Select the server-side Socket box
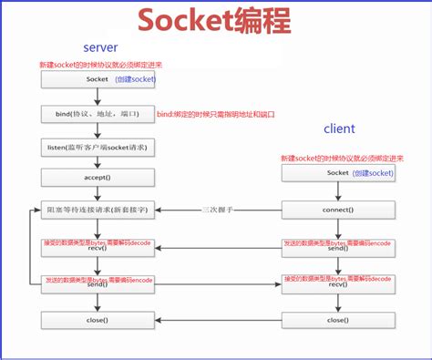tap(97, 81)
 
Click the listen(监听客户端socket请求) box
tap(97, 148)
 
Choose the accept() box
tap(97, 180)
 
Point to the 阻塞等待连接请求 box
tap(97, 210)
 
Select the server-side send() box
tap(97, 285)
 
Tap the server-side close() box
tap(97, 321)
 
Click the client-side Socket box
tap(337, 173)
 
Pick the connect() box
tap(337, 210)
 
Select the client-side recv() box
tap(337, 285)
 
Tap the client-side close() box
tap(337, 321)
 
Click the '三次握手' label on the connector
tap(218, 210)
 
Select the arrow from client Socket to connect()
tap(337, 191)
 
